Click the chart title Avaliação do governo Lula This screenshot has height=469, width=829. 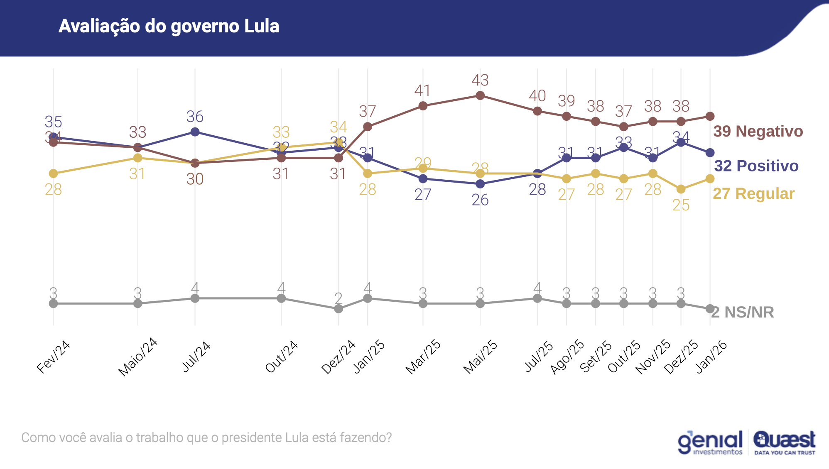(x=169, y=26)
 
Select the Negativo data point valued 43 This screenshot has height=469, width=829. (x=480, y=95)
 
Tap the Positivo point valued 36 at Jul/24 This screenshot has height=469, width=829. (x=195, y=132)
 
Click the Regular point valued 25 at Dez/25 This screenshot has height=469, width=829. (x=681, y=189)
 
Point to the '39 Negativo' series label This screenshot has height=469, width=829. (x=758, y=131)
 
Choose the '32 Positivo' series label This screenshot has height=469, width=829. (x=756, y=166)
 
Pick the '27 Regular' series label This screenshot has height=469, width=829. (x=753, y=193)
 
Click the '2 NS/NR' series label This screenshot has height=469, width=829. (x=743, y=312)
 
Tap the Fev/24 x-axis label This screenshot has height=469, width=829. (x=53, y=357)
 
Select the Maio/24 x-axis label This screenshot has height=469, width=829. (x=137, y=357)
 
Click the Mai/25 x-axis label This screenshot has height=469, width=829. (x=480, y=357)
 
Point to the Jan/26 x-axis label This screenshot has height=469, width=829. (x=711, y=357)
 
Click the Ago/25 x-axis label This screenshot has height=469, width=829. (x=567, y=357)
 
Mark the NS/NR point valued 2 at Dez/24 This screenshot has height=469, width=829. (x=338, y=309)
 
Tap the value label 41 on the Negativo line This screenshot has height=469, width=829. (x=422, y=90)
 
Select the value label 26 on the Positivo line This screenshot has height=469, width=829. (x=480, y=200)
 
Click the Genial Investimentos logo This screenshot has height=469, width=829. (x=710, y=442)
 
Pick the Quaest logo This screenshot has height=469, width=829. (x=785, y=442)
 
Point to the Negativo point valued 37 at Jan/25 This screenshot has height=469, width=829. (x=368, y=127)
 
